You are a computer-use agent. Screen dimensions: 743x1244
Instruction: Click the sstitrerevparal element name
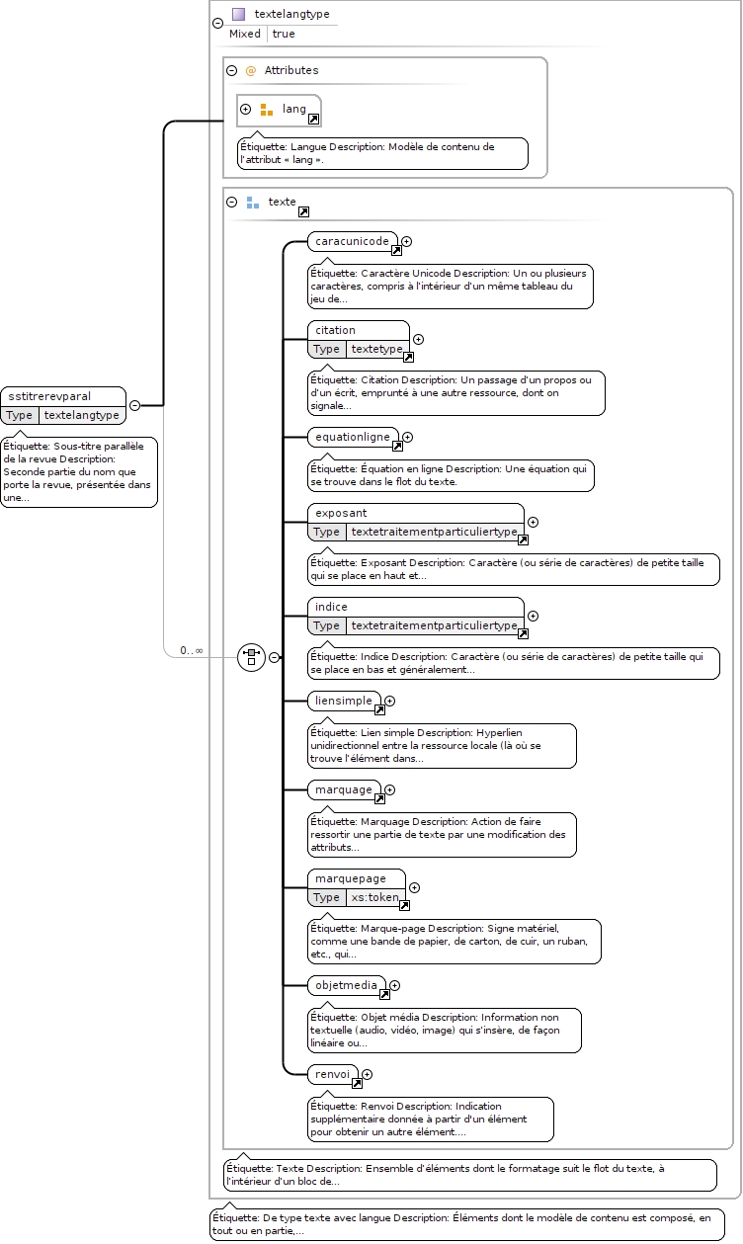point(49,396)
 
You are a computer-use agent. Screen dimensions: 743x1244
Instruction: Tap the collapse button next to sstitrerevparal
point(134,405)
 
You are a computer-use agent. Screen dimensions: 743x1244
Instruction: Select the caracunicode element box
point(353,241)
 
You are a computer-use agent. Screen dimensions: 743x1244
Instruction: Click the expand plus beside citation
point(419,339)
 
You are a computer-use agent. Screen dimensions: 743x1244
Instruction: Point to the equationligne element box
point(353,437)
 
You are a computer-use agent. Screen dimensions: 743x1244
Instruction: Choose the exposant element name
point(341,513)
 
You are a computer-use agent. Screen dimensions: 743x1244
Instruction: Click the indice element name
point(331,607)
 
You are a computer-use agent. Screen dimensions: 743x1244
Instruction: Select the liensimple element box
point(344,701)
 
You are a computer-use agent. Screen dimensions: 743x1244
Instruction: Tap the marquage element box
point(344,789)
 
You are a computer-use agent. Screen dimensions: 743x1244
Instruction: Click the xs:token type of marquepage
point(374,897)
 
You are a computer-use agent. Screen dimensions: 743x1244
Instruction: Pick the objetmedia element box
point(347,985)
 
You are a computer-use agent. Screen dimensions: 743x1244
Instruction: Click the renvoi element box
point(333,1074)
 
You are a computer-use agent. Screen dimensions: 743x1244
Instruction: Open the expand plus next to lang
point(245,109)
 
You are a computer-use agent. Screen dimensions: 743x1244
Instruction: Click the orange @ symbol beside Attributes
point(251,70)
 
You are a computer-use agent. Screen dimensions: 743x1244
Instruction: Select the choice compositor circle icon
point(251,657)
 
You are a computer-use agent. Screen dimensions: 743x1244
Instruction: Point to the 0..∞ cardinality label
point(192,650)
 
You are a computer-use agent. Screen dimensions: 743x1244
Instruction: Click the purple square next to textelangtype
point(239,14)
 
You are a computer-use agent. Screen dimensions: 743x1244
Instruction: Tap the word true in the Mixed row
point(284,34)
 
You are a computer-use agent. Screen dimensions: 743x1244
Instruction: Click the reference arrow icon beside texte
point(303,211)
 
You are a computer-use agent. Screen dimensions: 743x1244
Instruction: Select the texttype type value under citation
point(377,349)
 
